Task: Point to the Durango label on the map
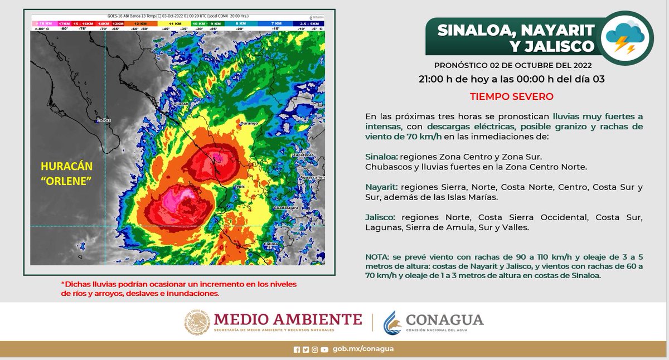(248, 123)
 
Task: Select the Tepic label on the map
(240, 187)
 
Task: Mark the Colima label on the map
(287, 244)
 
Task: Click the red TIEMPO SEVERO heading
(511, 96)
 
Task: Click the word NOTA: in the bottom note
(379, 257)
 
